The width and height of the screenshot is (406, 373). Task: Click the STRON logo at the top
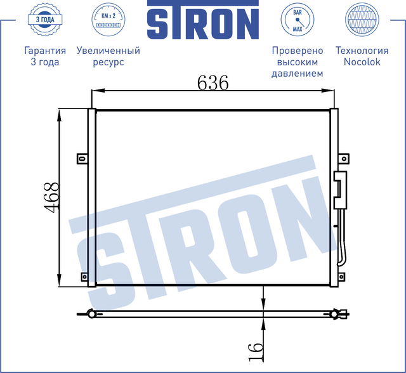[203, 23]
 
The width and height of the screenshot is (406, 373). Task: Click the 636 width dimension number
[213, 82]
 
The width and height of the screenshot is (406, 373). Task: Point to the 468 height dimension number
[52, 197]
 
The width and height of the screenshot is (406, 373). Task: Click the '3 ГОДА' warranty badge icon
[44, 20]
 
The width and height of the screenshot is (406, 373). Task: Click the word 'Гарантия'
[44, 51]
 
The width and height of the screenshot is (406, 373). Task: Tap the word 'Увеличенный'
[107, 51]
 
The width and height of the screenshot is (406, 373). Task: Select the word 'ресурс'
[107, 62]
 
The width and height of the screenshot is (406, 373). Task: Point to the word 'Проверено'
[297, 51]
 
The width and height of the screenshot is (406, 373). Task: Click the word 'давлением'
[297, 74]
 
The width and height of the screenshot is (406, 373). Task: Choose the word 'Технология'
[361, 51]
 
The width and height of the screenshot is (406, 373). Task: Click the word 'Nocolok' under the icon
[361, 62]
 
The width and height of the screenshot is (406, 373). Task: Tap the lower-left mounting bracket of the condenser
[84, 276]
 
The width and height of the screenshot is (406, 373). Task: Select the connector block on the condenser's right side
[341, 189]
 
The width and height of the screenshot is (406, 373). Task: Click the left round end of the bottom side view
[92, 313]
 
